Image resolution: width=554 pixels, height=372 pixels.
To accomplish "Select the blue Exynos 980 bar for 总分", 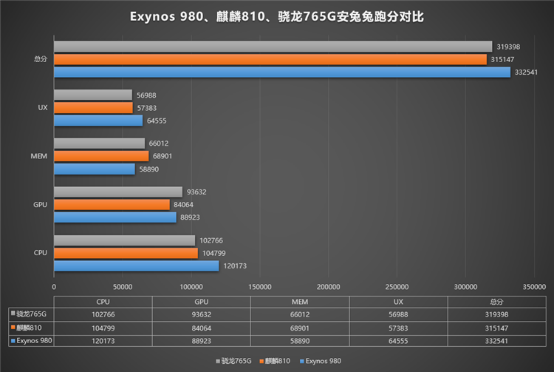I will pos(281,72).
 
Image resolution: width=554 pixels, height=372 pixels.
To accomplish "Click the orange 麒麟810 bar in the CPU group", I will pos(126,253).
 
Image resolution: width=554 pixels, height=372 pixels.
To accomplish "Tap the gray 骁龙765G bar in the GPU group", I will pos(117,192).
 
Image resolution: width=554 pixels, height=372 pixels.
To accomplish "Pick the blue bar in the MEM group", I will pos(95,169).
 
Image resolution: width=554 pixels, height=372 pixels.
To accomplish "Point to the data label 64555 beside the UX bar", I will pos(157,121).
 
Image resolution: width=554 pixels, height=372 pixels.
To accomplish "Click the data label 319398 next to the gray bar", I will pos(508,47).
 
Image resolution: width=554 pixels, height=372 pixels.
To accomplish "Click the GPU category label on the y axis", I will pos(41,204).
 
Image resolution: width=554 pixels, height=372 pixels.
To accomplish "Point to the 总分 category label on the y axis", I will pos(41,59).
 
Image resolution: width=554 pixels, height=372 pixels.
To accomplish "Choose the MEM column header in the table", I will pos(300,302).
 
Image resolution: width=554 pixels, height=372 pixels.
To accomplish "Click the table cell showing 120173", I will pos(103,340).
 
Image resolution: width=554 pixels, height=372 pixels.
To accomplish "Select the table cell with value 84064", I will pos(202,327).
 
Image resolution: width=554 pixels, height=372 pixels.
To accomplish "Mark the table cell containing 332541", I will pos(497,340).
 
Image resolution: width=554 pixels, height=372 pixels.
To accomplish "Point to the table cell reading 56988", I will pos(398,314).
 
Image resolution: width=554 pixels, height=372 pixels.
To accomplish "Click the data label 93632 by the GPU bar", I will pos(196,192).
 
